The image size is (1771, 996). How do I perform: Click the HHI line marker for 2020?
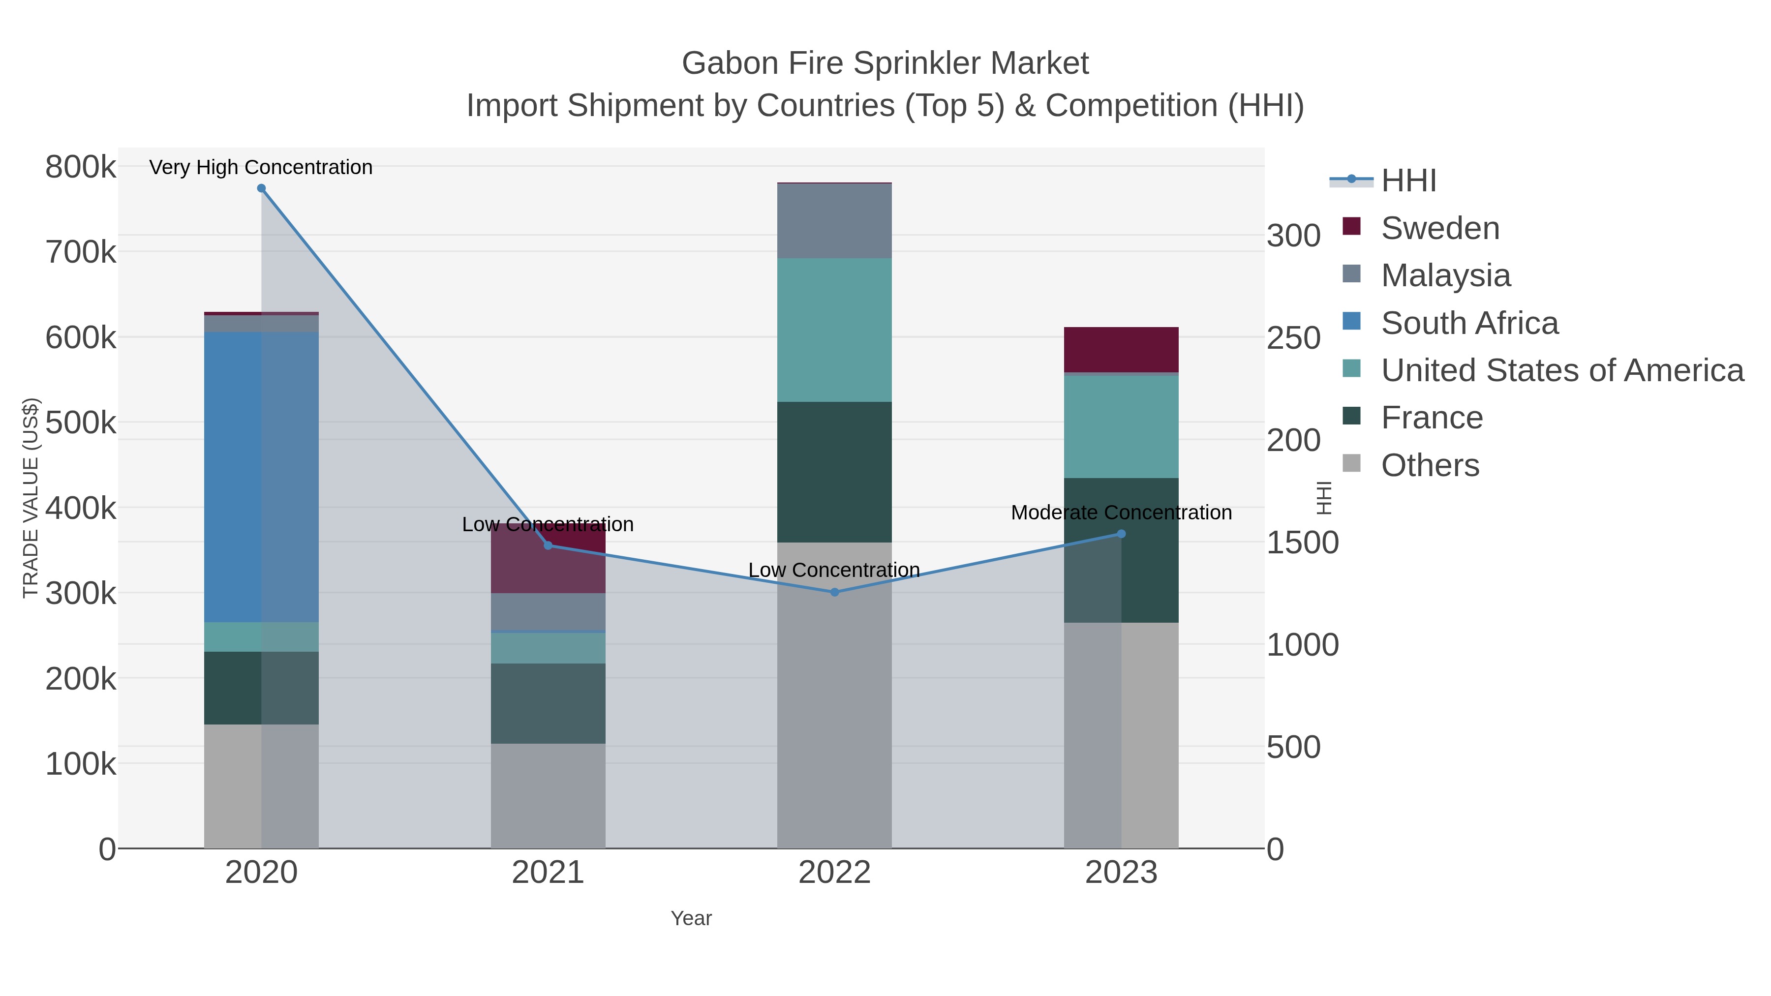261,188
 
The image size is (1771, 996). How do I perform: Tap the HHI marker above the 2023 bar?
1121,533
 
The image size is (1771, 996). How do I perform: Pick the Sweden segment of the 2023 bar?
1121,349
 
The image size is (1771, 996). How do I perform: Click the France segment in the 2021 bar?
548,703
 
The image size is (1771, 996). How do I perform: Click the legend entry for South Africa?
1469,323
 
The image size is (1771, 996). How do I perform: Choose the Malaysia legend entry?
1445,275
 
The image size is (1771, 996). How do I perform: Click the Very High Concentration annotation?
261,167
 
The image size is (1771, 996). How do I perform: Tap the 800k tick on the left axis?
81,167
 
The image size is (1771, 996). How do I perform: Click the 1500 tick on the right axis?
1302,543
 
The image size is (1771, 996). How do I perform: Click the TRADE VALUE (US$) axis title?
30,498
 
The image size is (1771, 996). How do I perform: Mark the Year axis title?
691,918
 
